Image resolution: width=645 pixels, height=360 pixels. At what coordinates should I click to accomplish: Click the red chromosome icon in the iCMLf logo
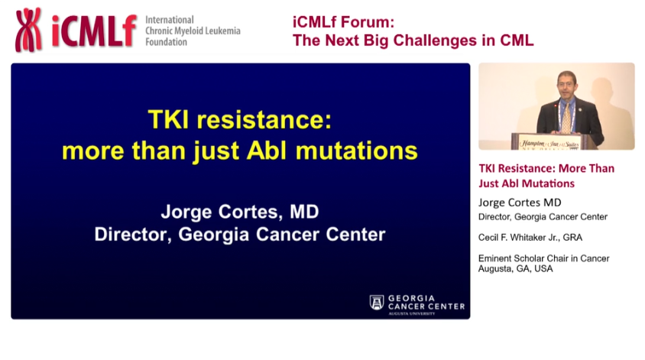coord(29,30)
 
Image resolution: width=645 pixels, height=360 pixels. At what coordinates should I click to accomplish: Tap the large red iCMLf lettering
coord(94,31)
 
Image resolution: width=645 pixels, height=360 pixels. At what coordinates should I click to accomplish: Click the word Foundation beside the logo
coord(166,42)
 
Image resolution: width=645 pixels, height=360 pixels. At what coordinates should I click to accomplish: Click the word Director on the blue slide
coord(129,234)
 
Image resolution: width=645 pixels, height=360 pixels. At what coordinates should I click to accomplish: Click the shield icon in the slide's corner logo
coord(377,302)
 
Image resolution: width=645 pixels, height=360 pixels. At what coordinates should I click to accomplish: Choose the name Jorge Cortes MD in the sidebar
coord(519,203)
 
